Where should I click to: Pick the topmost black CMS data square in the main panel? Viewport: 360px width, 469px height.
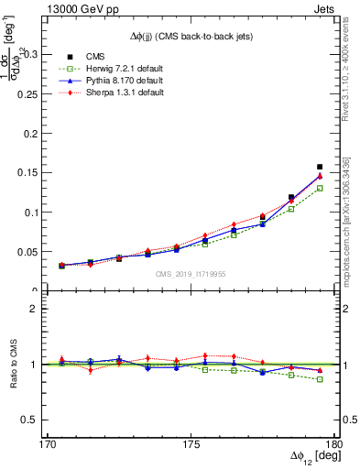tap(320, 167)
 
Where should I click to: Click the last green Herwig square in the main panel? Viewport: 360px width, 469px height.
tap(320, 188)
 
